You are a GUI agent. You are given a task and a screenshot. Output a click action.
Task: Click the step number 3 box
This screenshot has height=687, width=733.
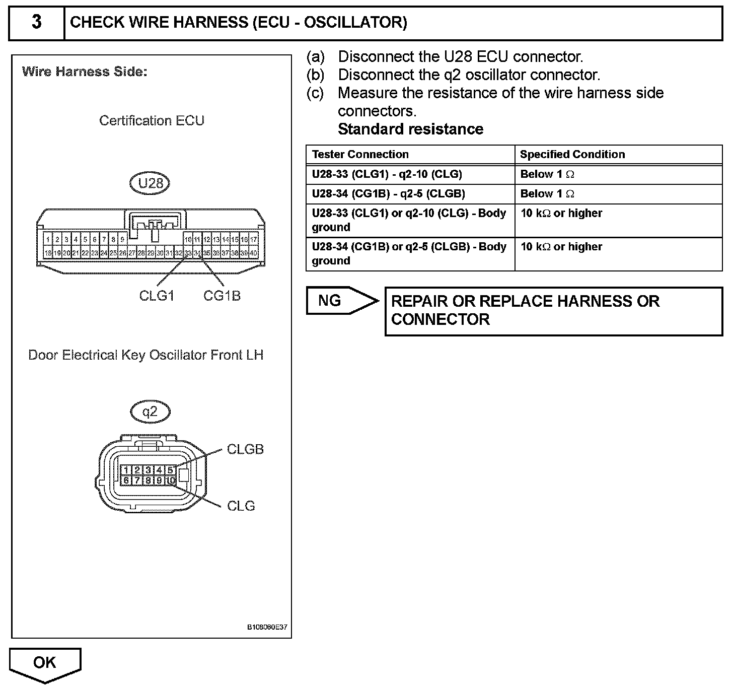pos(37,23)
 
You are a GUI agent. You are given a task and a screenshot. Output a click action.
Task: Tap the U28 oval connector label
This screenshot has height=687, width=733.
pos(151,183)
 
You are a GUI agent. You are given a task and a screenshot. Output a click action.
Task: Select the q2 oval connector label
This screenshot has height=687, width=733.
pos(150,412)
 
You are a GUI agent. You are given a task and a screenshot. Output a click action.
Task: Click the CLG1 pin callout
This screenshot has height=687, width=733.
pos(157,296)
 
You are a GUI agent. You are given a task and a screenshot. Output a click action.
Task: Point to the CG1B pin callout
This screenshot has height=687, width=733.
pos(222,296)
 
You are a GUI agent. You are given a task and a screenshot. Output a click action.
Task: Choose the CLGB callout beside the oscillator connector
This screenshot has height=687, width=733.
pos(245,449)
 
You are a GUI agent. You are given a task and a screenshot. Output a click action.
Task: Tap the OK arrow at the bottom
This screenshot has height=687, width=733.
pos(45,663)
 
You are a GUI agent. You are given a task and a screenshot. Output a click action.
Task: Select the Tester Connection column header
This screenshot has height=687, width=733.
pos(360,154)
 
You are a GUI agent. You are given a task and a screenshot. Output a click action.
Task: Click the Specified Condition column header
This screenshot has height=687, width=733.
pos(572,154)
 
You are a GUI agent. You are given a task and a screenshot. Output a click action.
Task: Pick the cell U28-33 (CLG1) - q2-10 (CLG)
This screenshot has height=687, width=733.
pos(387,174)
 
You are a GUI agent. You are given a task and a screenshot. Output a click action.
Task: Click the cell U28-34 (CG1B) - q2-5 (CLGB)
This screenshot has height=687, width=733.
pos(388,194)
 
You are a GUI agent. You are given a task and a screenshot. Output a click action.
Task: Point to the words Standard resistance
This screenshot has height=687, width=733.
pos(410,129)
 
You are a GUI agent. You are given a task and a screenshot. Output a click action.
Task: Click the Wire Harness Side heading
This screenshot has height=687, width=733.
pos(85,72)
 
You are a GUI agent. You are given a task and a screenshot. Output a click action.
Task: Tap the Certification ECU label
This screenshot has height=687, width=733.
pos(152,120)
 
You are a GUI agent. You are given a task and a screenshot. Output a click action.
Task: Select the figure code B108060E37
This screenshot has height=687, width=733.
pos(267,628)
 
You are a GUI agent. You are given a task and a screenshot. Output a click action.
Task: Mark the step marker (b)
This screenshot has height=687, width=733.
pos(316,75)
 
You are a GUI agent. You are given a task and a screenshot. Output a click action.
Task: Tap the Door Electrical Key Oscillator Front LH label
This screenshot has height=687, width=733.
pos(145,355)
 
